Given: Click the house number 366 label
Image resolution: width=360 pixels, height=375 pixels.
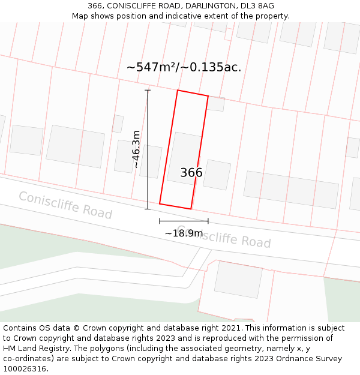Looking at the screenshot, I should pyautogui.click(x=191, y=173).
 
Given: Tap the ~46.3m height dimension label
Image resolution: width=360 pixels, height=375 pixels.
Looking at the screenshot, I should pyautogui.click(x=137, y=149).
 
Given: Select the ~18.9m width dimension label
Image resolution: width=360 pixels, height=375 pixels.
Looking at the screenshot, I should pyautogui.click(x=184, y=233).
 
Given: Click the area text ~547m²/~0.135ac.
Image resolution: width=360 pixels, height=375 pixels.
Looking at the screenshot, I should pyautogui.click(x=184, y=67).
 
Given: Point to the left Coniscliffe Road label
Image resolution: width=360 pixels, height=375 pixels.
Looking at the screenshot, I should pyautogui.click(x=65, y=205).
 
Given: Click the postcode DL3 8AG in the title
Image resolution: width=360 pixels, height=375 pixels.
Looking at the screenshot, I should pyautogui.click(x=257, y=6).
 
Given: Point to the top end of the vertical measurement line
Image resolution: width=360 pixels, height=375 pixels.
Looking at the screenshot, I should pyautogui.click(x=148, y=90).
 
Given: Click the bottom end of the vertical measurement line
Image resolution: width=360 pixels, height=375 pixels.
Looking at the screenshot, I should pyautogui.click(x=148, y=209).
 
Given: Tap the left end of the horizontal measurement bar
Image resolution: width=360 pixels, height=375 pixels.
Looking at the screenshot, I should pyautogui.click(x=160, y=221).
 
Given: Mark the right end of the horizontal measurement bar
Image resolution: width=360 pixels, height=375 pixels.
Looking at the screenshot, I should pyautogui.click(x=208, y=221).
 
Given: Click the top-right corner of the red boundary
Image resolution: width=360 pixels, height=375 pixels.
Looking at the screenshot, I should pyautogui.click(x=208, y=96).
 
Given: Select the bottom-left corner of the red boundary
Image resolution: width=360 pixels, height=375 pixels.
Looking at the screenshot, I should pyautogui.click(x=160, y=203).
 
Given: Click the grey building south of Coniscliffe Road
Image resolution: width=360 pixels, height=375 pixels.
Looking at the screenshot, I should pyautogui.click(x=238, y=279).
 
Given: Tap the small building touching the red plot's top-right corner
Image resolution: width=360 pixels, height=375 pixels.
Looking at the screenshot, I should pyautogui.click(x=216, y=104).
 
